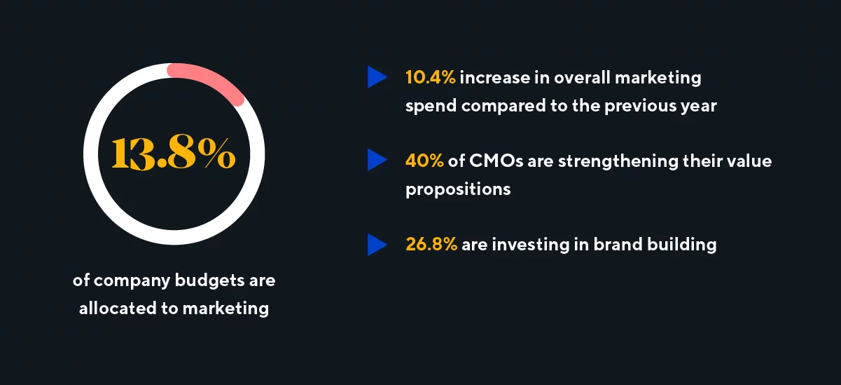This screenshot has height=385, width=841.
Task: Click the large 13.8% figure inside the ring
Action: coord(174,154)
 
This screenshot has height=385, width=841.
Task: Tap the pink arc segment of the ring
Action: coord(210,80)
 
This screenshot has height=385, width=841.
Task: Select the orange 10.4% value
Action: coord(430,77)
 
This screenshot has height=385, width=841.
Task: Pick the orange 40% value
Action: coord(424,161)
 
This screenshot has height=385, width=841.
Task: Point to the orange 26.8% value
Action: coord(431,244)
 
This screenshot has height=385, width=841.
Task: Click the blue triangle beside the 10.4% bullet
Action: coord(377,77)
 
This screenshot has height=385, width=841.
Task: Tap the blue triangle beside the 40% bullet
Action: coord(377,160)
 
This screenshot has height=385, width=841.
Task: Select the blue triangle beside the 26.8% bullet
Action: coord(377,245)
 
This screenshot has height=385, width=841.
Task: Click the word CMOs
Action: coord(496,161)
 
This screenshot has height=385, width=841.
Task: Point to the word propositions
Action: coord(458,189)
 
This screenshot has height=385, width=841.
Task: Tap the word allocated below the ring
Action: coord(118,309)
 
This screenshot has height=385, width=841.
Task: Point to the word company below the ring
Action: coord(132,281)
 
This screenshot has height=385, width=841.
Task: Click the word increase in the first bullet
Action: coord(495,78)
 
